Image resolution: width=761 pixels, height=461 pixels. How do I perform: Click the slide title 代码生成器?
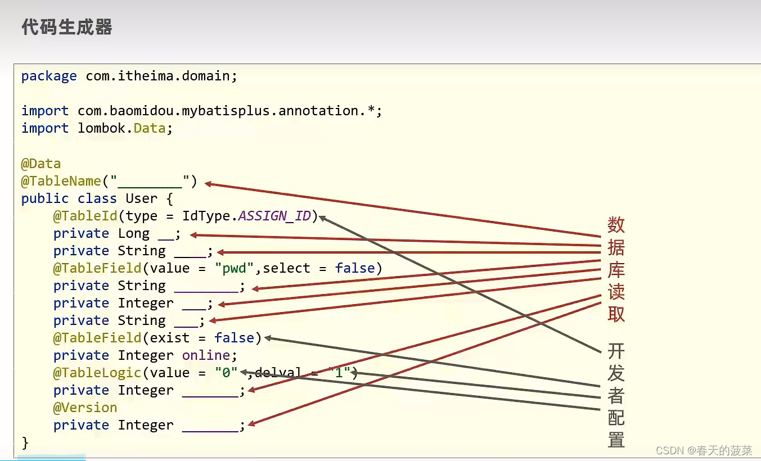point(67,27)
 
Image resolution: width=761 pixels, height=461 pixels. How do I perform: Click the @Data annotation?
point(40,164)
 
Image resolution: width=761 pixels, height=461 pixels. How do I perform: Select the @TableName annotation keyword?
point(61,181)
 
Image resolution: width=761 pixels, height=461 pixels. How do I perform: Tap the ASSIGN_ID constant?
point(274,216)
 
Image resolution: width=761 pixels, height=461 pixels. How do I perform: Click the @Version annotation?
point(85,408)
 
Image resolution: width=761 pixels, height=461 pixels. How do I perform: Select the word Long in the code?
point(133,233)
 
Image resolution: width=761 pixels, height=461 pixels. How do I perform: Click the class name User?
point(141,198)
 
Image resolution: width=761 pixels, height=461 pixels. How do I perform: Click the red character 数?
point(616,225)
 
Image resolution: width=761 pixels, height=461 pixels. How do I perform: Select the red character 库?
point(616,270)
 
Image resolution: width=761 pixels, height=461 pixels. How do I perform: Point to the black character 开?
point(616,351)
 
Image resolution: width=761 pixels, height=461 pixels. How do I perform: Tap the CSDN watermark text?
point(704,450)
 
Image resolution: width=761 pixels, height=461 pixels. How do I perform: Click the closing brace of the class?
point(25,442)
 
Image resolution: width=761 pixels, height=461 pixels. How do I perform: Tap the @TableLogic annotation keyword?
point(93,373)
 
